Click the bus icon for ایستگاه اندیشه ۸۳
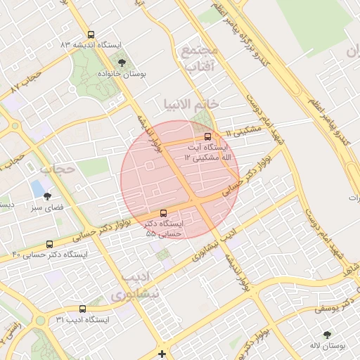click(x=90, y=34)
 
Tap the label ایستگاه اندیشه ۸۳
click(x=91, y=44)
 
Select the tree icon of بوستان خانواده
click(x=122, y=63)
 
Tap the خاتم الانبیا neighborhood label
click(x=191, y=104)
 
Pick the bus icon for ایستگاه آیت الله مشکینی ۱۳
click(x=207, y=136)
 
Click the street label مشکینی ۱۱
click(x=243, y=131)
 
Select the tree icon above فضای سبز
click(x=47, y=197)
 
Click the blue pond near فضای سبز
click(x=36, y=188)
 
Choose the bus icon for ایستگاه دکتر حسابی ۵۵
click(x=164, y=212)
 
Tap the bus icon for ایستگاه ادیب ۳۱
click(x=83, y=309)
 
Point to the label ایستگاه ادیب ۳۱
click(x=83, y=320)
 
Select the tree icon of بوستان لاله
click(x=327, y=335)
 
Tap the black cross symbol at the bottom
click(x=162, y=354)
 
